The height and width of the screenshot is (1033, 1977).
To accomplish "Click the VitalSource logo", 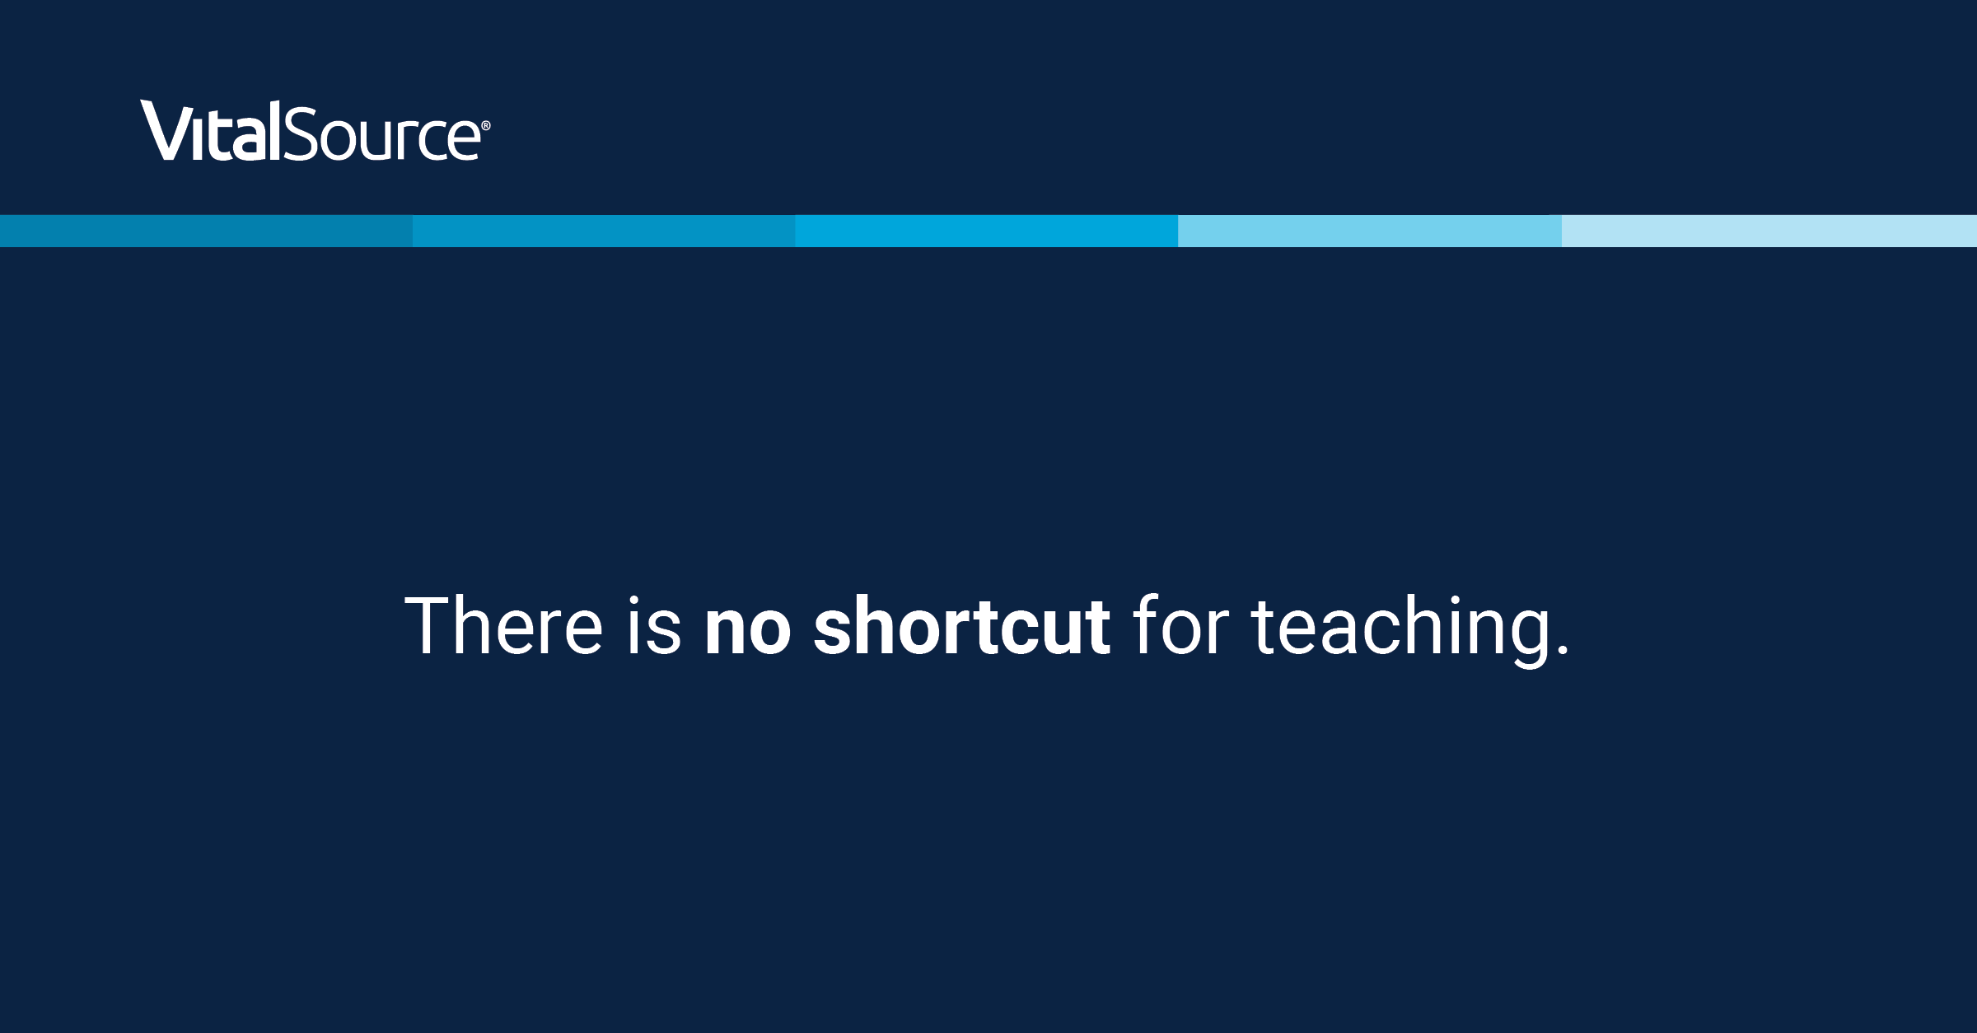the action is [x=315, y=130].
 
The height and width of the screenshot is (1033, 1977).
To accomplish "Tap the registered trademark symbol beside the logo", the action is [x=486, y=125].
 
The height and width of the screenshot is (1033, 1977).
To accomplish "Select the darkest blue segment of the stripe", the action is [x=206, y=231].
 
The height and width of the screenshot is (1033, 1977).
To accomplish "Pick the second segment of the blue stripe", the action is [x=604, y=231].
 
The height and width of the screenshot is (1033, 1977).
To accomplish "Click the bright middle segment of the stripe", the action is [x=986, y=231].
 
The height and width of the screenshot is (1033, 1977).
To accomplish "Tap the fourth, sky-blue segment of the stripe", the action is [x=1370, y=231].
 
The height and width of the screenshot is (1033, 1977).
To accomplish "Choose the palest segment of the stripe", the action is [x=1769, y=231].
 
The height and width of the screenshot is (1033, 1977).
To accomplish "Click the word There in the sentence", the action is [x=503, y=625].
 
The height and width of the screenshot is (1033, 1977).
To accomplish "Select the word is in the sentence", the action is [x=654, y=625].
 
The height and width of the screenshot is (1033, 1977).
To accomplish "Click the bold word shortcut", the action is [x=961, y=625].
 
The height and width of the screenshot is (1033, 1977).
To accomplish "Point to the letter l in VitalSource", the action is [x=275, y=130].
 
